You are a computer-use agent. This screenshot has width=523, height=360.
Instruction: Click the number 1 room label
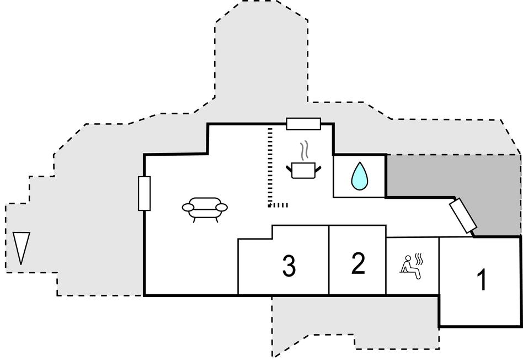click(x=482, y=280)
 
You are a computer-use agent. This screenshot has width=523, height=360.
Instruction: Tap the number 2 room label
click(x=358, y=263)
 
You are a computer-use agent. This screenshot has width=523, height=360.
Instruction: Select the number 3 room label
click(x=289, y=266)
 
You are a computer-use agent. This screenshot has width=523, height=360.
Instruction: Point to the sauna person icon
click(x=409, y=266)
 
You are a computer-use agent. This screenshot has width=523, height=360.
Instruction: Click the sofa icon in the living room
click(x=205, y=209)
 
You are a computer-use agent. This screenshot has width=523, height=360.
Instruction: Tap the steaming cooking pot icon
click(x=303, y=168)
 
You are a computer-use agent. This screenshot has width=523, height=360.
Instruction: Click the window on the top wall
click(x=303, y=124)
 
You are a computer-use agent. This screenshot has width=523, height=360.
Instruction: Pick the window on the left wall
click(x=144, y=193)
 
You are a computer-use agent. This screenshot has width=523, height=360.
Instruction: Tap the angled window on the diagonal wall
click(x=463, y=216)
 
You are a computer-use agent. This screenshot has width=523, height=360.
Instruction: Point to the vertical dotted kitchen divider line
click(x=269, y=166)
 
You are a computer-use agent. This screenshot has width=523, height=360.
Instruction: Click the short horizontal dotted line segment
click(x=279, y=205)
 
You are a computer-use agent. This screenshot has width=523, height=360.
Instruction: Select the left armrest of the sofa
click(x=188, y=207)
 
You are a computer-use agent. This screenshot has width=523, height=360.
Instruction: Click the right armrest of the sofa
click(x=221, y=207)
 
